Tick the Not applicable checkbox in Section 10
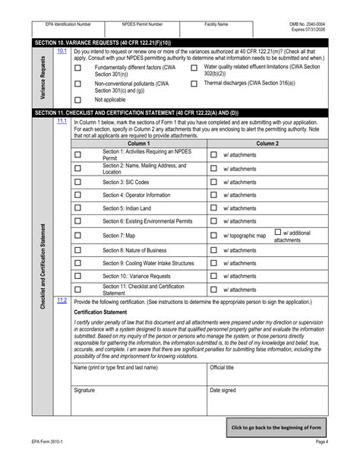coord(77,100)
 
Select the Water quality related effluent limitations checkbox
coord(194,68)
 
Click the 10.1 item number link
coord(62,51)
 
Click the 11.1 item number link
coord(62,121)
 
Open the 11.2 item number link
coord(62,300)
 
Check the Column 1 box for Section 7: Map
coord(77,236)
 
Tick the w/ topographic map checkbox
coord(213,236)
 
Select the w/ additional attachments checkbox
coord(278,232)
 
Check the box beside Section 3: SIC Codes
coord(77,182)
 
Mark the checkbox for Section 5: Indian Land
coord(77,208)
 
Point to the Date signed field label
coord(223,390)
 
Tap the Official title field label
coord(222,367)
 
